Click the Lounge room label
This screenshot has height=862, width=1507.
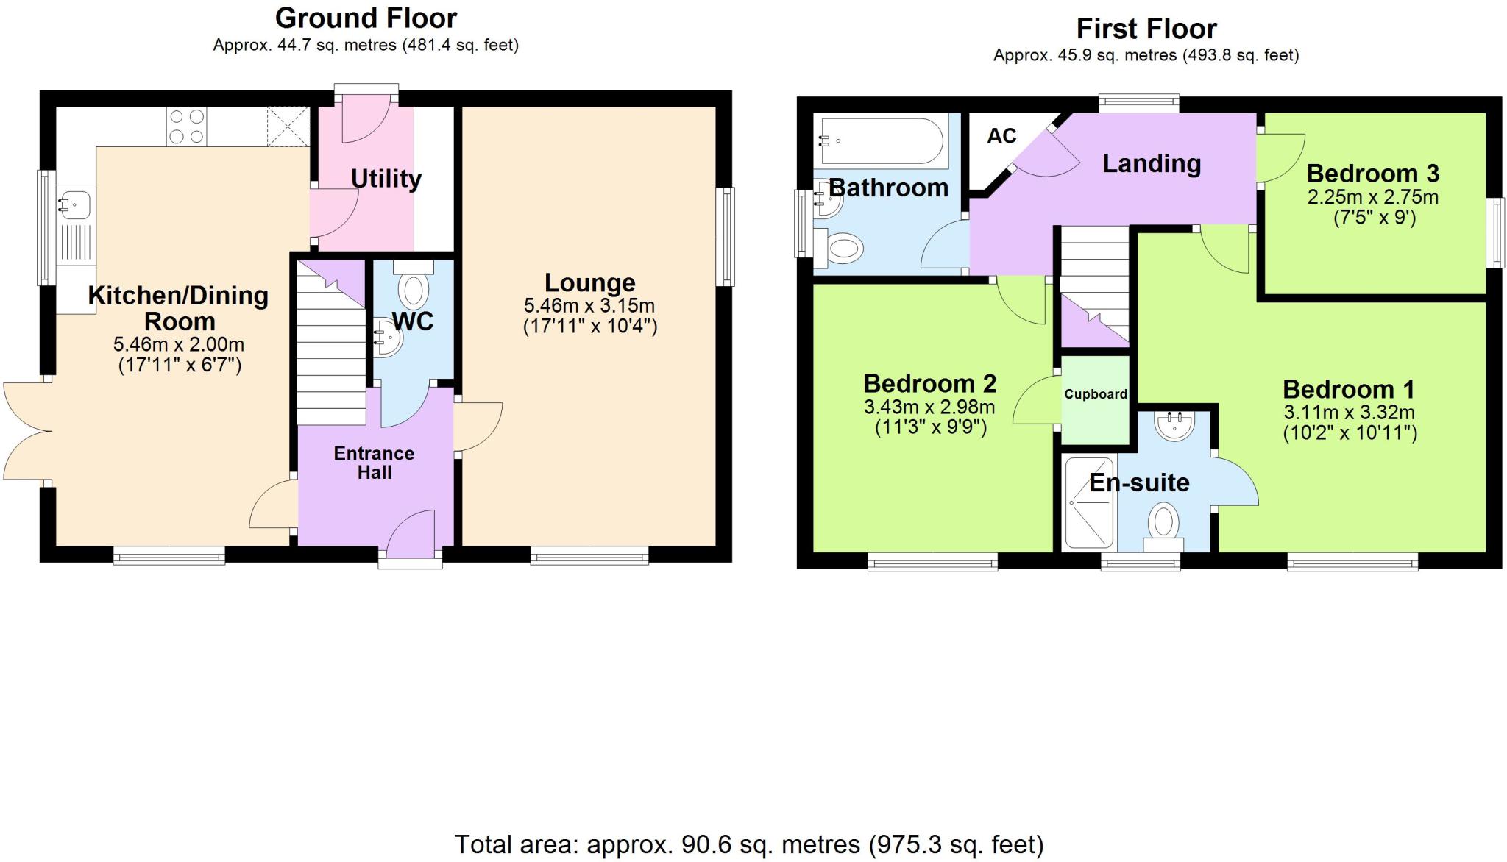tap(589, 283)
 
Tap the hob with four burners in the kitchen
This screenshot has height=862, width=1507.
tap(187, 127)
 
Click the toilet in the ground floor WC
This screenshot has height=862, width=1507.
tap(414, 285)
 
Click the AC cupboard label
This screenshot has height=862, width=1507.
tap(1001, 136)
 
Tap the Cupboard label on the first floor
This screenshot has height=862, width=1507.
tap(1096, 394)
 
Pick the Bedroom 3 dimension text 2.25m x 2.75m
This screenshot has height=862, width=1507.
tap(1372, 197)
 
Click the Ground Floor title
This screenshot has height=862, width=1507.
tap(366, 17)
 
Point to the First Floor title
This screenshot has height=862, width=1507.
tap(1146, 29)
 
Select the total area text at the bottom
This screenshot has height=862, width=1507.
tap(749, 844)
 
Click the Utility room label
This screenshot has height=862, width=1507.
tap(386, 179)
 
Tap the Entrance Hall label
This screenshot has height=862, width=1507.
tap(374, 463)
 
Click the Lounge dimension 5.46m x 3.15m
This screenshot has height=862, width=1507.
tap(589, 306)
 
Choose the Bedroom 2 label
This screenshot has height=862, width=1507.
tap(929, 383)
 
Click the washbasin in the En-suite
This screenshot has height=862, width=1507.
tap(1174, 424)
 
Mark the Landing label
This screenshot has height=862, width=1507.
tap(1152, 163)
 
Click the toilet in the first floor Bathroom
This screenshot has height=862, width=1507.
tap(845, 247)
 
